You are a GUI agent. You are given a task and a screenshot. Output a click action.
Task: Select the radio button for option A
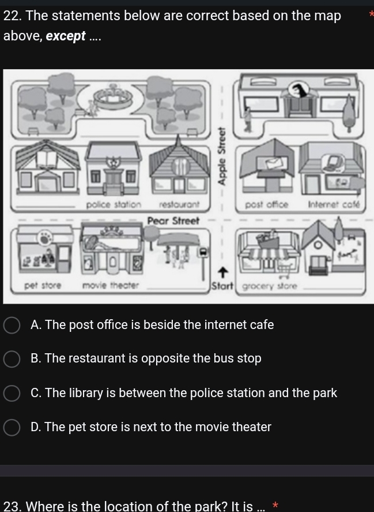(x=12, y=325)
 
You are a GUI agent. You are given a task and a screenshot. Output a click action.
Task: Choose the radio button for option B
(x=12, y=359)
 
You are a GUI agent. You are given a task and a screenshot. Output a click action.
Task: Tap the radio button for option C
(x=12, y=393)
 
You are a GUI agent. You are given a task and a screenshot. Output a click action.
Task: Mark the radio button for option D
(x=12, y=427)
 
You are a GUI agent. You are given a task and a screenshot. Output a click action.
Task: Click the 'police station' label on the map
(x=113, y=205)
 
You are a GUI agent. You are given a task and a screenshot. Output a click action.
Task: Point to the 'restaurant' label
(x=179, y=205)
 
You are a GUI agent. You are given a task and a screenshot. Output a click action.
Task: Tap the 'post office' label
(x=266, y=205)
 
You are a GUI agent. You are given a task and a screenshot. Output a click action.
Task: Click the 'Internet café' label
(x=334, y=205)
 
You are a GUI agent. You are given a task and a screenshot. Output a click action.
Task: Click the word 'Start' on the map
(x=221, y=286)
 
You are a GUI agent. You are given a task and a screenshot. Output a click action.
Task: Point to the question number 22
(x=12, y=16)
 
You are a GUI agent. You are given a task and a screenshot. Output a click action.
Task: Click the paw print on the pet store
(x=43, y=237)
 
